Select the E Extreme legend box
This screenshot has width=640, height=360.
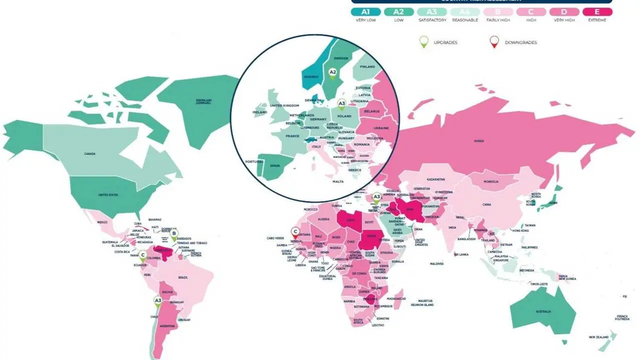coord(596,12)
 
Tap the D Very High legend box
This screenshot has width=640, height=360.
coord(564,12)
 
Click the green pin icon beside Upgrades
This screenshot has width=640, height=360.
coord(424,42)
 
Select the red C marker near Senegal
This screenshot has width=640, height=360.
coord(295,232)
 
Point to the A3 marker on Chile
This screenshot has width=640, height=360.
coord(157,301)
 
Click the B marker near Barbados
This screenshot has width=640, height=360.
coord(174,233)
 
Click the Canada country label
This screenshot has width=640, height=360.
coord(90,154)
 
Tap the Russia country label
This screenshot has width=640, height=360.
coord(478,141)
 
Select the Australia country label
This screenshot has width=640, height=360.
coord(543,311)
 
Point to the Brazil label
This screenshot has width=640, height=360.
coord(183,277)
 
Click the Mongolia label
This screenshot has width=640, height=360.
coord(491,181)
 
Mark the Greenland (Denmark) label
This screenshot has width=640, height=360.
coord(203,101)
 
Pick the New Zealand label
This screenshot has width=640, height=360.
coord(598,337)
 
